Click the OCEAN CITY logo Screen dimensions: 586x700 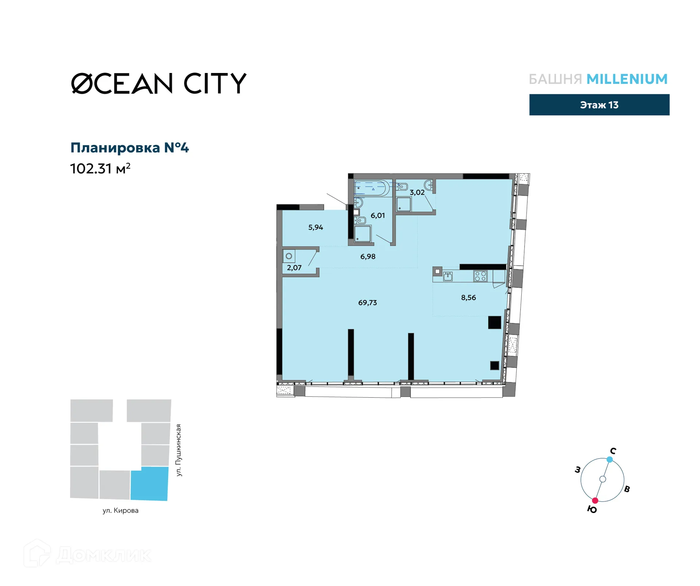pos(159,83)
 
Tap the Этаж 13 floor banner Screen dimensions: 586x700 pos(599,105)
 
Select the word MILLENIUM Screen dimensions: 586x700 pos(627,79)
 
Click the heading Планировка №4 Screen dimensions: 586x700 pos(129,148)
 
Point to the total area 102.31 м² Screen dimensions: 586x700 pos(100,169)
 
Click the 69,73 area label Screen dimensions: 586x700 pos(367,302)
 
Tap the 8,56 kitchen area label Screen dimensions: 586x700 pos(468,297)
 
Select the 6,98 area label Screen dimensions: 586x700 pos(367,257)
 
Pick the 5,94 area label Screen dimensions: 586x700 pos(315,227)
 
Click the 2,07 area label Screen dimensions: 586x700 pos(294,268)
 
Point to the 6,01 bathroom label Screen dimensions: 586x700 pos(377,215)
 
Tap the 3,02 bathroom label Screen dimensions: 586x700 pos(417,192)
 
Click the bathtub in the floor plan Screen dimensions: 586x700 pos(371,188)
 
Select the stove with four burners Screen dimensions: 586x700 pos(480,276)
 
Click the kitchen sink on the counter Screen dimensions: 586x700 pos(448,276)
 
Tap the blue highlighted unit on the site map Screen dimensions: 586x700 pos(149,483)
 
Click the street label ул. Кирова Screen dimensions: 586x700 pos(120,510)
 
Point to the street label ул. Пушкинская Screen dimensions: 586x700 pos(179,450)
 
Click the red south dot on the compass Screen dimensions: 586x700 pos(595,500)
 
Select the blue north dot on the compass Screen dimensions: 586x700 pos(610,459)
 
